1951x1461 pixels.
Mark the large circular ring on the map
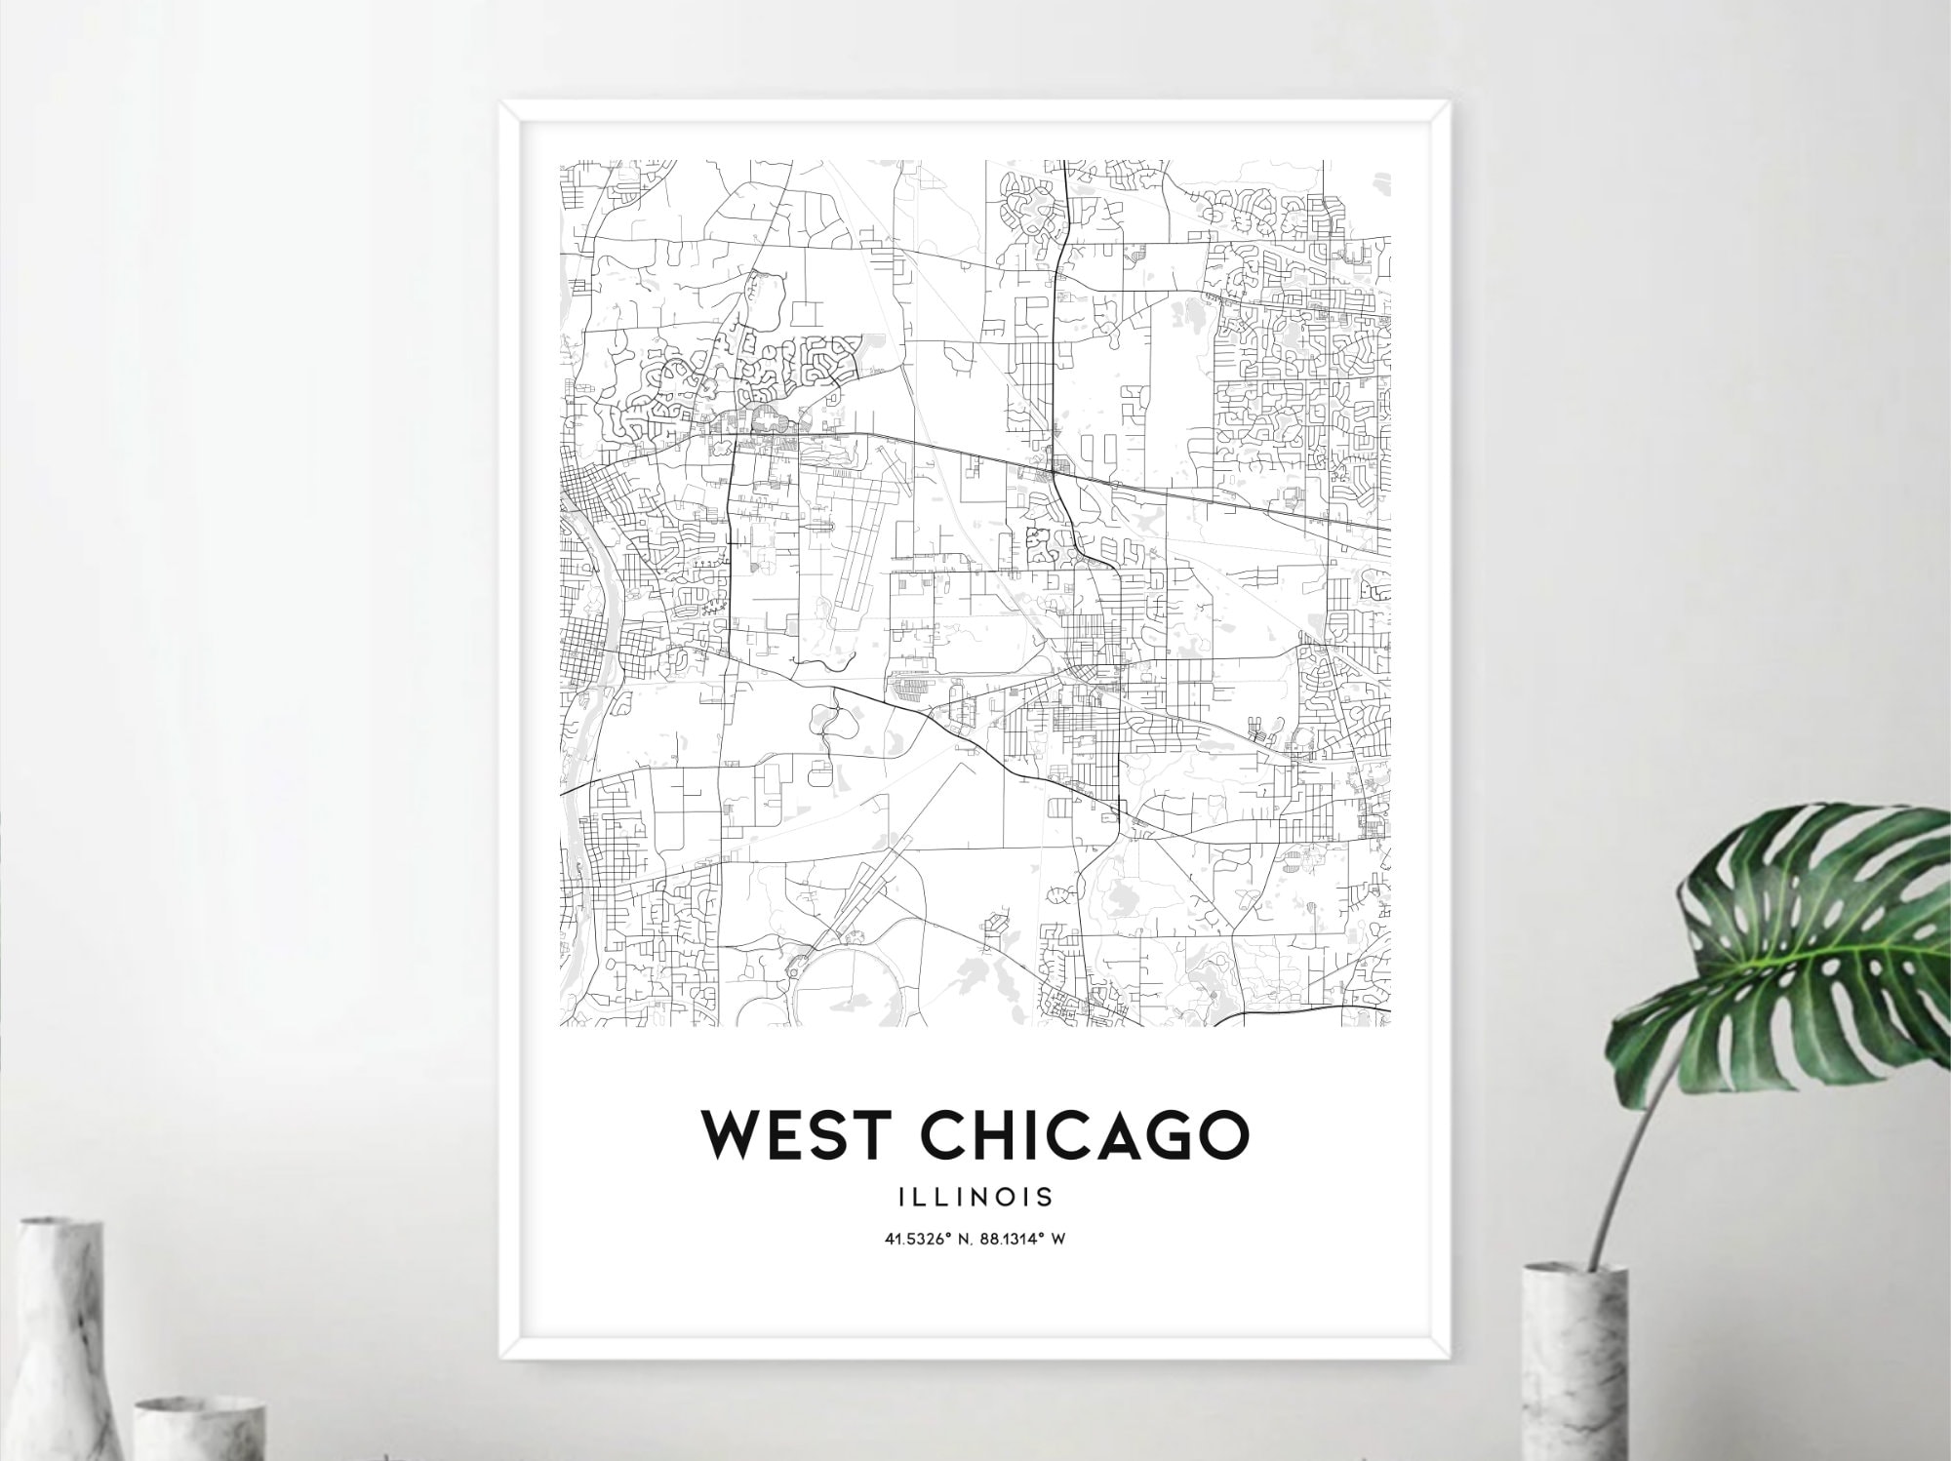point(851,985)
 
